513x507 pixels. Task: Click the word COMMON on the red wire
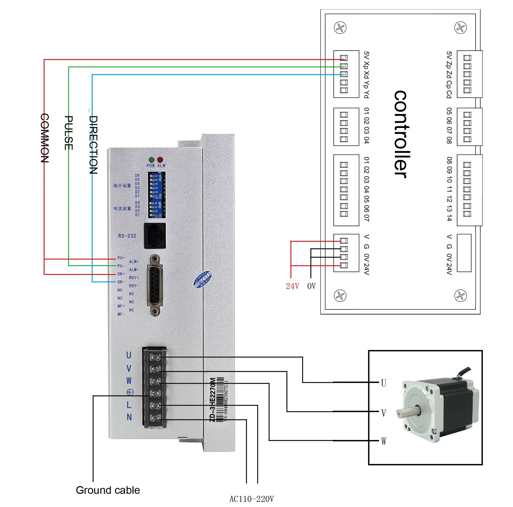click(x=45, y=138)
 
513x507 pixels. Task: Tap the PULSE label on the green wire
click(x=69, y=133)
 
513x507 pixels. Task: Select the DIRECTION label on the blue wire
click(x=93, y=145)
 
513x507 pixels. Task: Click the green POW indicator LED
click(x=152, y=160)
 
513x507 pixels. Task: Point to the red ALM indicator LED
click(x=160, y=160)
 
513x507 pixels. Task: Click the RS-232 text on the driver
click(x=127, y=236)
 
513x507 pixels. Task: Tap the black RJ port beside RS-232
click(x=155, y=236)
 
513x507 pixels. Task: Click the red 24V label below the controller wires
click(x=292, y=286)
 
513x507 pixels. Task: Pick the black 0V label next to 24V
click(x=311, y=286)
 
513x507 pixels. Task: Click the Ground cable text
click(x=108, y=490)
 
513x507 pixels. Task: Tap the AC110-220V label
click(x=251, y=499)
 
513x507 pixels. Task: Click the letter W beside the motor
click(x=384, y=441)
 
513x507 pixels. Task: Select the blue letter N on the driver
click(x=129, y=417)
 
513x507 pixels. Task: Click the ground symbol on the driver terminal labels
click(x=130, y=392)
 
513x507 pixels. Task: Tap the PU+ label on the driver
click(x=121, y=258)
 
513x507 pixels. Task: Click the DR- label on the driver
click(x=121, y=282)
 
